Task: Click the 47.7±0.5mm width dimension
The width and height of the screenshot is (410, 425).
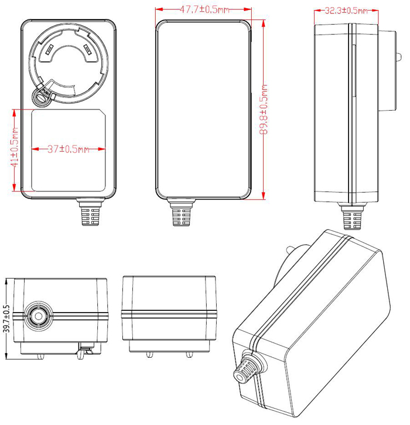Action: point(203,10)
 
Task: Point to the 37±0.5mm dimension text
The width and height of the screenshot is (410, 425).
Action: point(68,149)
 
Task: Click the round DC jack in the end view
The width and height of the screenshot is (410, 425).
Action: point(36,316)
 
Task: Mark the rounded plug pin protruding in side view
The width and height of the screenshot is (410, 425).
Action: point(398,57)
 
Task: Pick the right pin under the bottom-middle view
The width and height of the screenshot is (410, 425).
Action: point(189,354)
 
